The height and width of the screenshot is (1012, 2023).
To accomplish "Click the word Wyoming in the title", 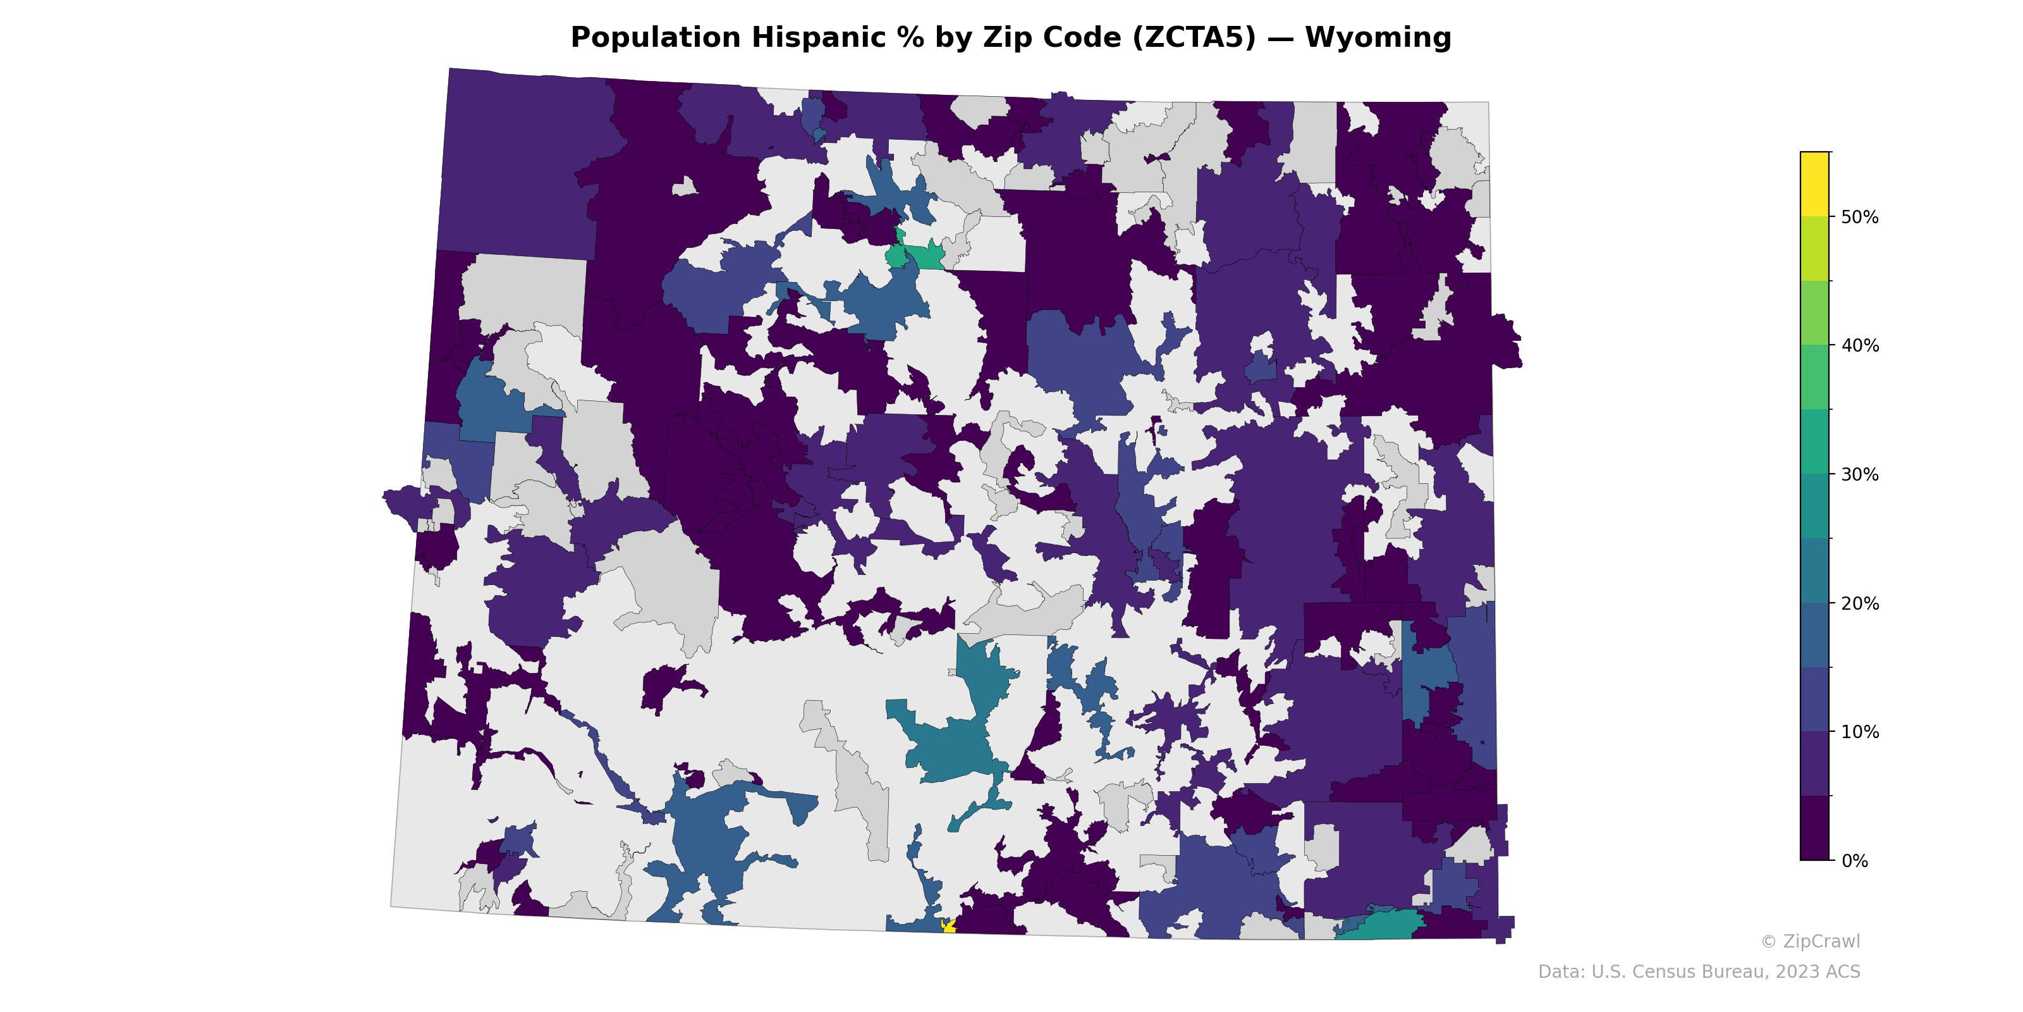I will click(1378, 38).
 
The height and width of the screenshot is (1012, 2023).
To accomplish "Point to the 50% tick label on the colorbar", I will click(1860, 217).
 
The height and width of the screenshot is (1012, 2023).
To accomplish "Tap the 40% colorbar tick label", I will click(1860, 346).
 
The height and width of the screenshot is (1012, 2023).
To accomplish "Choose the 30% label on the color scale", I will click(1860, 474).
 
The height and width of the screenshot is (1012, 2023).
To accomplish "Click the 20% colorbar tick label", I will click(1860, 603).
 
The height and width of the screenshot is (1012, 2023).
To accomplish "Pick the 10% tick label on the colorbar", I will click(1860, 732).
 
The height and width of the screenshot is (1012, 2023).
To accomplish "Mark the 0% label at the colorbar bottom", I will click(1854, 861).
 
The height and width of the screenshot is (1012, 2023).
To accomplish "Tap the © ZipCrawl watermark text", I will click(1810, 941).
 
